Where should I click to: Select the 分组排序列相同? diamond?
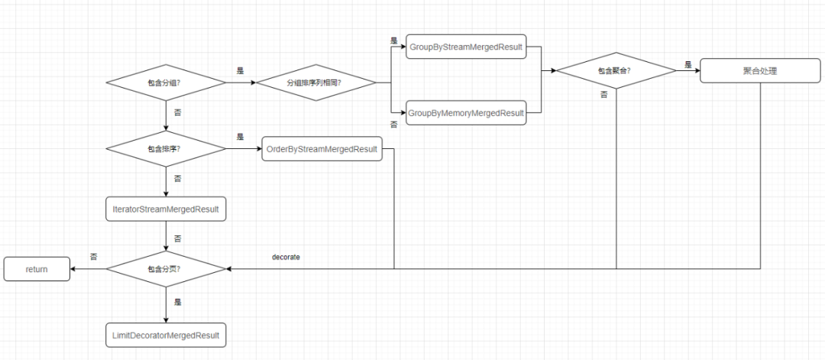(x=315, y=82)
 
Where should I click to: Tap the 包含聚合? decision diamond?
(x=616, y=71)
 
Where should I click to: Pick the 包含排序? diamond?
(x=166, y=149)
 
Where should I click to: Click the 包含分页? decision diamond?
(x=166, y=268)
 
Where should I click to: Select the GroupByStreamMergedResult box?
(x=466, y=47)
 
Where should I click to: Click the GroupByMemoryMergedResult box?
(x=466, y=113)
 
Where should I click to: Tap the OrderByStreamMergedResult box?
(x=321, y=149)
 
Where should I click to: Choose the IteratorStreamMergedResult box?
(x=166, y=208)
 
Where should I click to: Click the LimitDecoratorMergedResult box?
(x=166, y=335)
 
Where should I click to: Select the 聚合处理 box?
(x=761, y=71)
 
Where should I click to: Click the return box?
(x=37, y=268)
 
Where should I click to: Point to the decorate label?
(x=286, y=258)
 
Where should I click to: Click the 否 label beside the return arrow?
(x=93, y=257)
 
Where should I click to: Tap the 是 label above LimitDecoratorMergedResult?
(x=177, y=302)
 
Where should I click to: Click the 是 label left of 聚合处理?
(x=687, y=65)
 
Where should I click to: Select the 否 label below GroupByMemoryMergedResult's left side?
(x=394, y=124)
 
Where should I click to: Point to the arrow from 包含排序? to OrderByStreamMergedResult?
(x=244, y=149)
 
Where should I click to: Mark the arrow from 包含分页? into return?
(x=88, y=268)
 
